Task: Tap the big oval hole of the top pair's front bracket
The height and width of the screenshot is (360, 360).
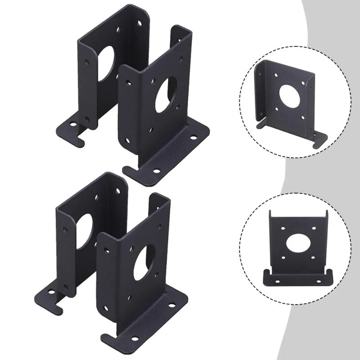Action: (166, 95)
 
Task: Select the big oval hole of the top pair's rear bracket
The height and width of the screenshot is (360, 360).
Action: (106, 63)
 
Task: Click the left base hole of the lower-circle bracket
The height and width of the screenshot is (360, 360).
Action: (276, 280)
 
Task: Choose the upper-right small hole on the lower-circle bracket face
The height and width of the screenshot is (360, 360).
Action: (310, 228)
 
